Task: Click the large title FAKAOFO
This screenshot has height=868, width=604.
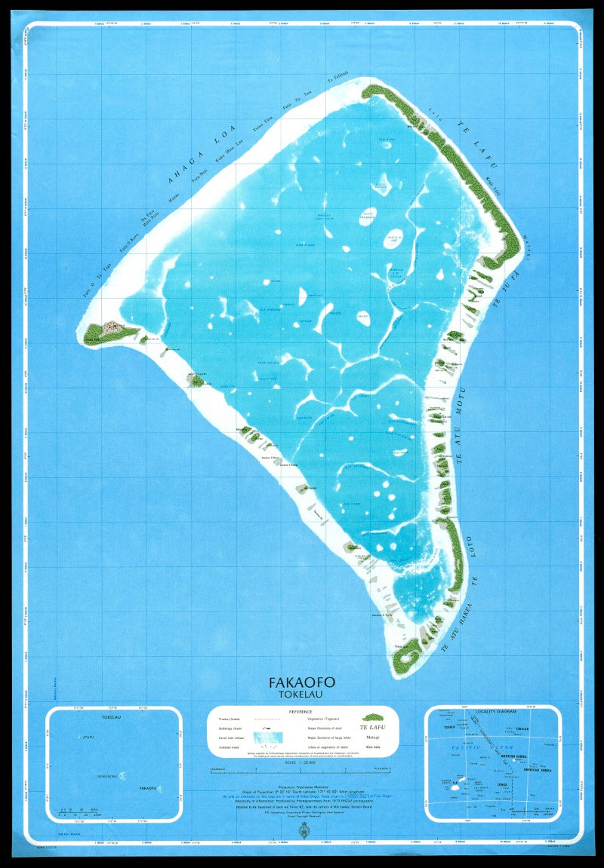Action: (x=302, y=682)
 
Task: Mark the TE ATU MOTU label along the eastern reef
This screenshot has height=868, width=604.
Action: (x=461, y=426)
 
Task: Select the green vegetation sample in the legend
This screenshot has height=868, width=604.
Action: (x=373, y=717)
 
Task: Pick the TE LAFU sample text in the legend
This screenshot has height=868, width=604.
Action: (x=373, y=728)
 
